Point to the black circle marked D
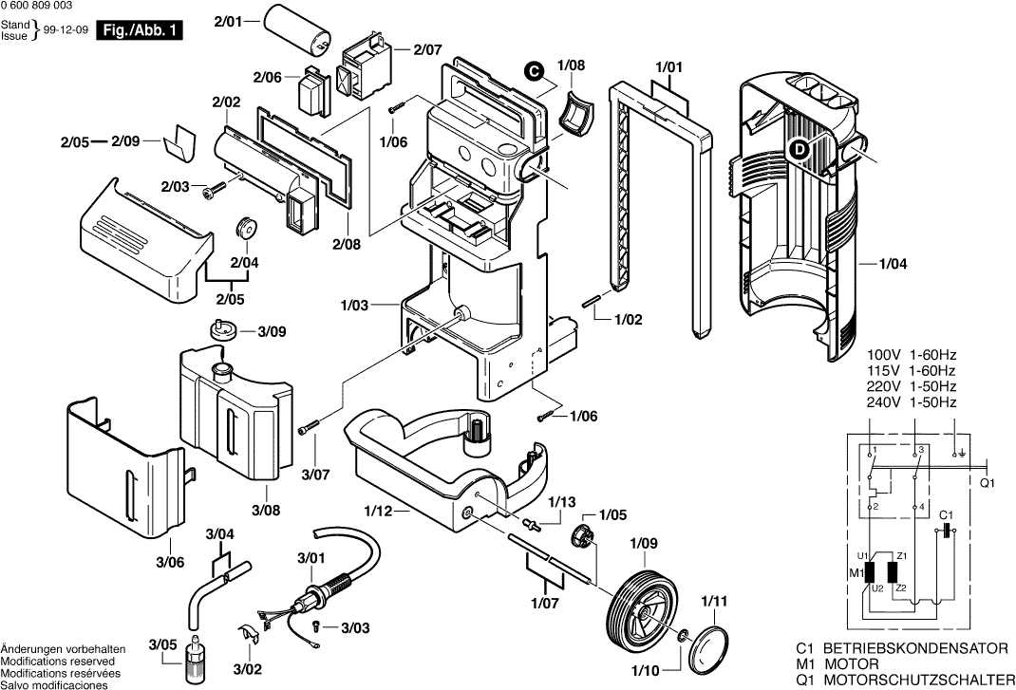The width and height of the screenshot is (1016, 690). click(x=799, y=148)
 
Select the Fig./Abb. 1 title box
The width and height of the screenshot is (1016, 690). click(x=143, y=31)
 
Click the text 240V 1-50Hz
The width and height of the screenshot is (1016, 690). click(x=912, y=402)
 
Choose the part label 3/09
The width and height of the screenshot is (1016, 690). click(x=272, y=331)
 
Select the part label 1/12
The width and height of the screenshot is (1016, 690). click(x=378, y=512)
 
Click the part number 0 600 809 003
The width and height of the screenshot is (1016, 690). click(x=37, y=7)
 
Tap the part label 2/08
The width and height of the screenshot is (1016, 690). click(x=347, y=244)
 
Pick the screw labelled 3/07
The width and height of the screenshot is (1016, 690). click(x=307, y=430)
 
